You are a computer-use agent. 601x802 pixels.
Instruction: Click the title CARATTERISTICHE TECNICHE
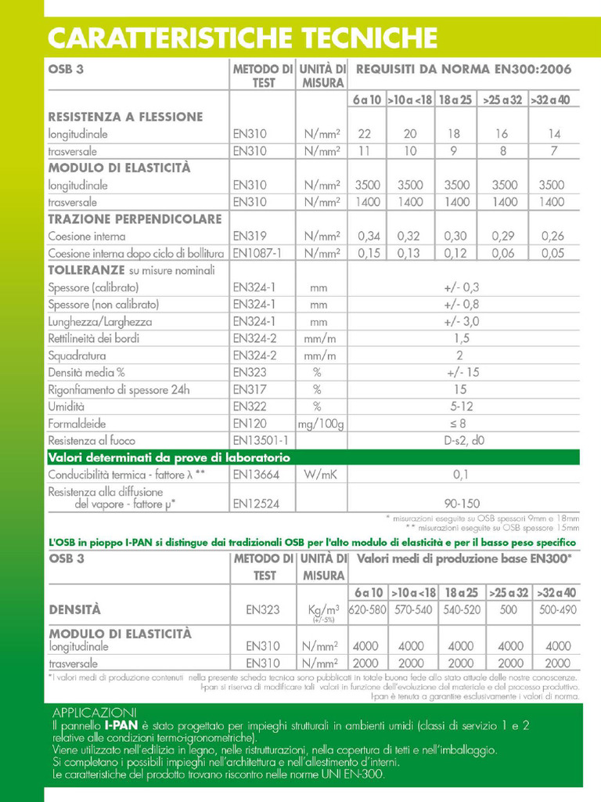(x=242, y=37)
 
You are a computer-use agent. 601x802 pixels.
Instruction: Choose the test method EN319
(x=250, y=236)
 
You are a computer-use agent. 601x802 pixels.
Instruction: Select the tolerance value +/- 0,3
(x=462, y=287)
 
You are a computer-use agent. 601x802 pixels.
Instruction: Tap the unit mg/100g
(x=321, y=424)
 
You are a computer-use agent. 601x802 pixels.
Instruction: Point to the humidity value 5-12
(x=462, y=406)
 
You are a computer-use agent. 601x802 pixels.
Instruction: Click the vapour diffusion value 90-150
(x=462, y=504)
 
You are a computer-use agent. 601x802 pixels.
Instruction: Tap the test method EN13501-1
(x=261, y=441)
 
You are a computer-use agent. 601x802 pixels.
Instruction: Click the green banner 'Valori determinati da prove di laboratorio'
(x=169, y=457)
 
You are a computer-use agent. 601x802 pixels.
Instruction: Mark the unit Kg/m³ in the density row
(x=321, y=609)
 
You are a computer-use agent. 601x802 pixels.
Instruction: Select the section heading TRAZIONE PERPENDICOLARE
(x=135, y=219)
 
